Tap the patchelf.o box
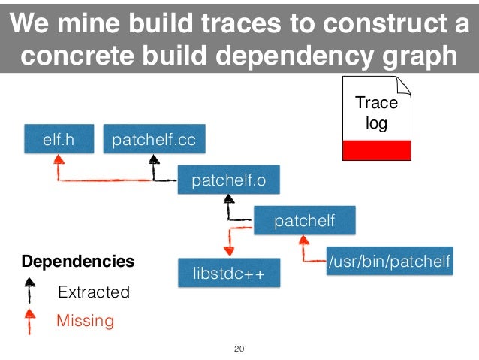(228, 180)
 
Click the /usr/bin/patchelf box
(389, 262)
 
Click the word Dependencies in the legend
(78, 262)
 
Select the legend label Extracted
(94, 292)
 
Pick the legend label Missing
(86, 322)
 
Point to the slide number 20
(239, 349)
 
